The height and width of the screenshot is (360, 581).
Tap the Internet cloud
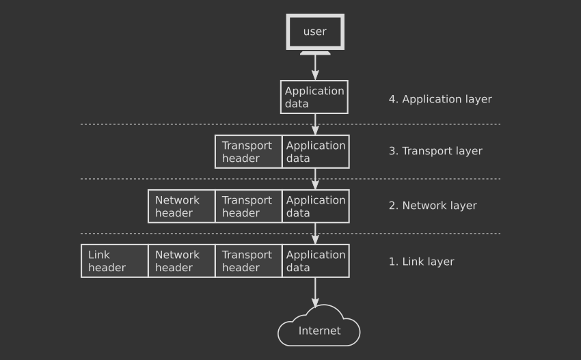[x=319, y=326]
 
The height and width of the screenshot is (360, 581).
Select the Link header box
[x=115, y=261]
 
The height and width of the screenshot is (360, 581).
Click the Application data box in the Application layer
[x=314, y=97]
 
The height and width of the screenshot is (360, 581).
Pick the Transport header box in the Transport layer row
[x=248, y=152]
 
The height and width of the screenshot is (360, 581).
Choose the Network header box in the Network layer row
[x=182, y=206]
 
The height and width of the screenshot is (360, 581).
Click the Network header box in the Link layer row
[x=182, y=261]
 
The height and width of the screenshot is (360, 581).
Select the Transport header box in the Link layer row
[x=249, y=261]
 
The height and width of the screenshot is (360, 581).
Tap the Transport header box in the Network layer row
[x=249, y=206]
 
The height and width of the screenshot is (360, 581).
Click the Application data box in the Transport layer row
[x=316, y=152]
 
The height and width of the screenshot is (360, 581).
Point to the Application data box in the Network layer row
[x=316, y=206]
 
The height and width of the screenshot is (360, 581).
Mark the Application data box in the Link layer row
[x=316, y=261]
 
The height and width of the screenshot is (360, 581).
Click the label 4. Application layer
[x=440, y=99]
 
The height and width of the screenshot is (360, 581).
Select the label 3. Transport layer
[x=435, y=151]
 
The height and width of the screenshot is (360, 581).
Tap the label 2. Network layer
[x=433, y=206]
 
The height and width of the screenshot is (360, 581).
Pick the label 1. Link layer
[x=421, y=262]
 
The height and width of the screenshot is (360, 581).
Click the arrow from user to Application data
[x=315, y=68]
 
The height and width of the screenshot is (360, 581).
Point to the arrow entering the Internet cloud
[x=315, y=292]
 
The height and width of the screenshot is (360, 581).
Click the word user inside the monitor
[x=315, y=32]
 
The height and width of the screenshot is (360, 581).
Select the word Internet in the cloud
[x=319, y=331]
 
